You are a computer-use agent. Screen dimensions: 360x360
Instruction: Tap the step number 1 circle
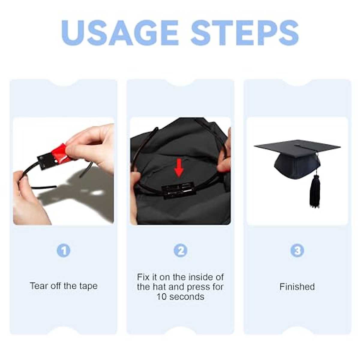[63, 250]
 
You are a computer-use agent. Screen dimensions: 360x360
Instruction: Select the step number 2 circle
[180, 250]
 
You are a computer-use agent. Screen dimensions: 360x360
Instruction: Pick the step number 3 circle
[297, 250]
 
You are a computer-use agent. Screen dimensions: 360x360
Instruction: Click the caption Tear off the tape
[64, 286]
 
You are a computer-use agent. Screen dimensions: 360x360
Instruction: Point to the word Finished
[297, 287]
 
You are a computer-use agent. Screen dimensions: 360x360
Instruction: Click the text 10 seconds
[180, 297]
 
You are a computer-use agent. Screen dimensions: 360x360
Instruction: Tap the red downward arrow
[179, 167]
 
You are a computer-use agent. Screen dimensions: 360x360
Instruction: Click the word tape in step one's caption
[88, 286]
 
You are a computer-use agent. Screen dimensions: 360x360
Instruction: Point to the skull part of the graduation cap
[295, 166]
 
